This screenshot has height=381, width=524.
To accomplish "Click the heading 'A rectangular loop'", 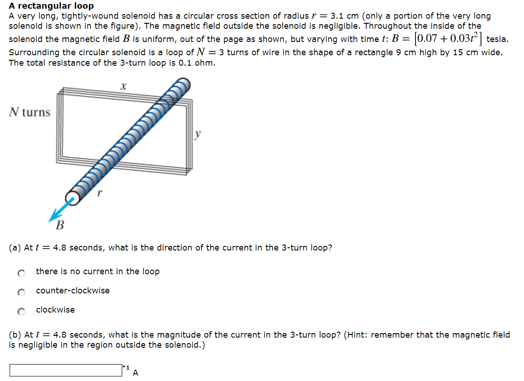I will pyautogui.click(x=51, y=6).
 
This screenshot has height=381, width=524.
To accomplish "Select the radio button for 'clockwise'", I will pyautogui.click(x=20, y=311).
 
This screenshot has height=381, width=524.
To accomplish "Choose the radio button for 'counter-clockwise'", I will pyautogui.click(x=20, y=292).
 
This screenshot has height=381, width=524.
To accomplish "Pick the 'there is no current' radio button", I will pyautogui.click(x=20, y=272).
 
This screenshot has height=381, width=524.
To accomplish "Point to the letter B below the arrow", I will pyautogui.click(x=60, y=225).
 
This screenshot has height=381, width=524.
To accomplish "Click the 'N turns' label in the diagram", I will pyautogui.click(x=30, y=112).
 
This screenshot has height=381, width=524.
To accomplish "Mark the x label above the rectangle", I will pyautogui.click(x=123, y=85).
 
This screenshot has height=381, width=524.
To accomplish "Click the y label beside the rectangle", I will pyautogui.click(x=197, y=134).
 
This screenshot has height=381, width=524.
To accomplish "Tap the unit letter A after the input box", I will pyautogui.click(x=135, y=373).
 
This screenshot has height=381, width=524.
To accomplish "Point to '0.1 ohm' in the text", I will pyautogui.click(x=198, y=63).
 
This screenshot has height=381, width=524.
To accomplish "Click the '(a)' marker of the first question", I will pyautogui.click(x=15, y=248).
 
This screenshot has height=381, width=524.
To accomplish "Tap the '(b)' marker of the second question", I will pyautogui.click(x=15, y=335).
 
